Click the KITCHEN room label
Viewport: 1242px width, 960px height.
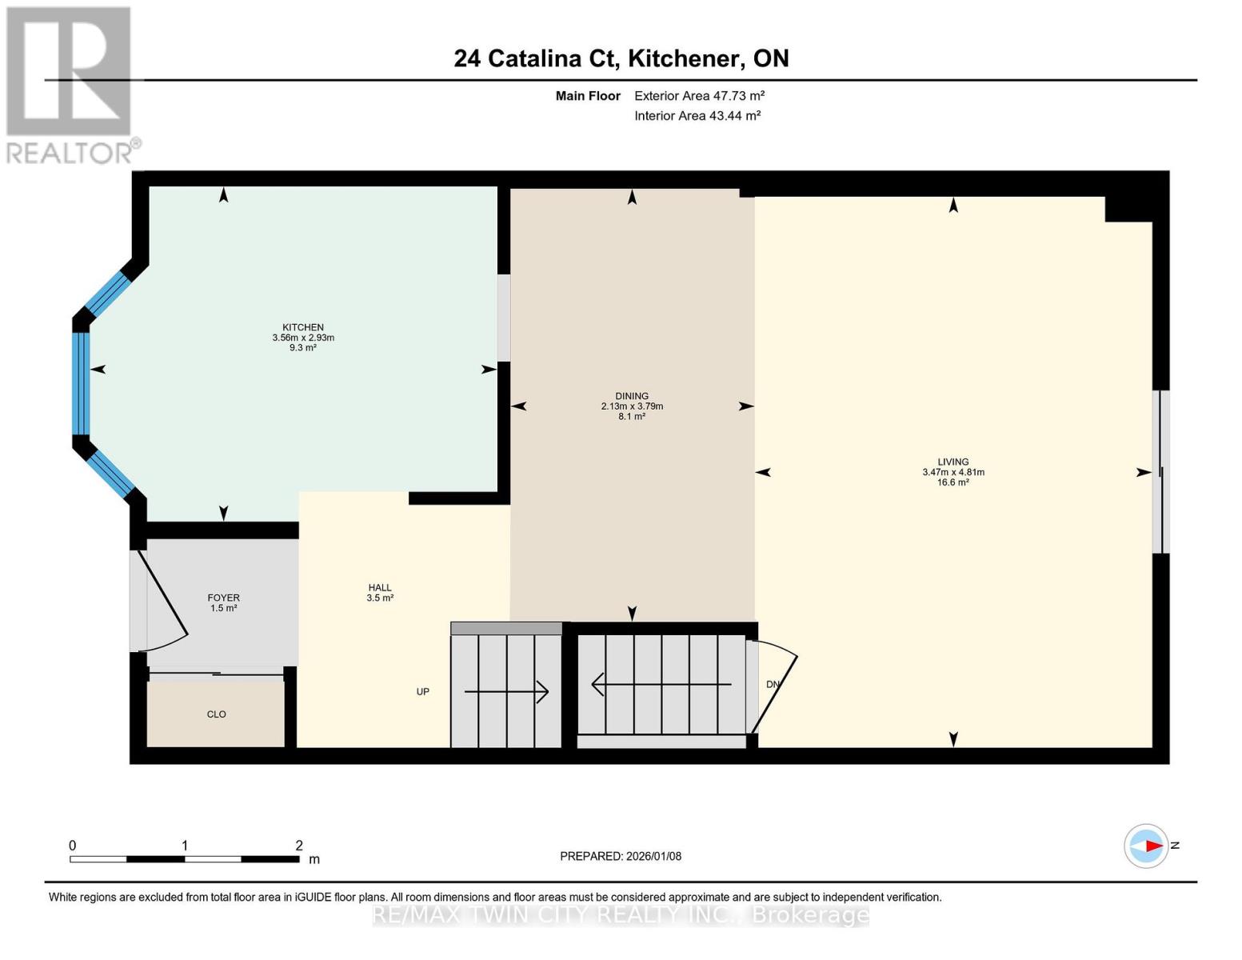(303, 327)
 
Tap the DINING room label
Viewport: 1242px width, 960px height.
(632, 396)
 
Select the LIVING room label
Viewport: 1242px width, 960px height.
(952, 462)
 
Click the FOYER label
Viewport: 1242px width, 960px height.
(223, 598)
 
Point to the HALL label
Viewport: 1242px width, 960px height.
(380, 587)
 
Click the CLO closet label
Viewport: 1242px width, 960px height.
(216, 714)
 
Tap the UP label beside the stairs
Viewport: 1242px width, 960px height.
(423, 691)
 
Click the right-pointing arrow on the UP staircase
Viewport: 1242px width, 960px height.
(507, 691)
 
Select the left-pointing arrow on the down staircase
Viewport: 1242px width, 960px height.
(661, 685)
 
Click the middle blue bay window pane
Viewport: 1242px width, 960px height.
(81, 383)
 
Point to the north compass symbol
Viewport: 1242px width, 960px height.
(1148, 846)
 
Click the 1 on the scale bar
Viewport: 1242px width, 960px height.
(185, 846)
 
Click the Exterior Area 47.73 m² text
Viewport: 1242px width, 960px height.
(699, 96)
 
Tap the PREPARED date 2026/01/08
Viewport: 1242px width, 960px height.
(621, 856)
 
